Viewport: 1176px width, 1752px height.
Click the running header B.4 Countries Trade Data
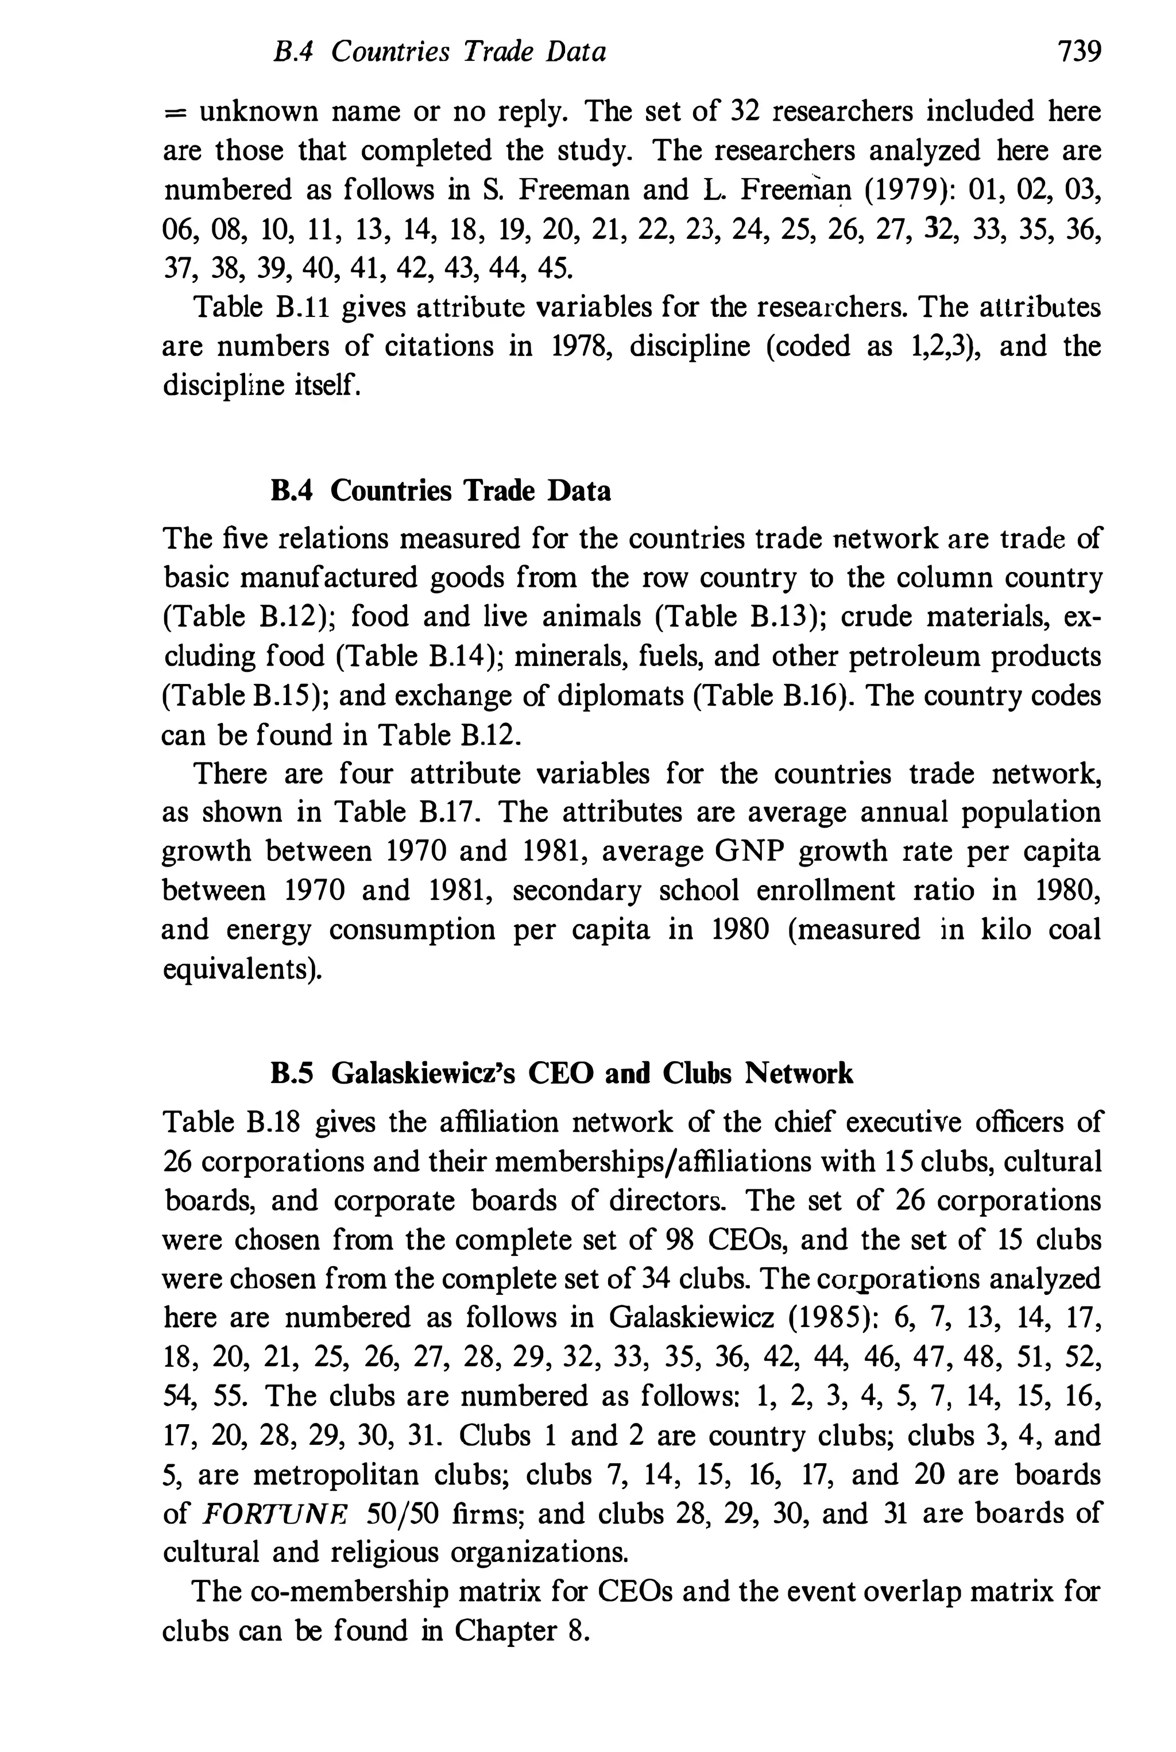(x=439, y=52)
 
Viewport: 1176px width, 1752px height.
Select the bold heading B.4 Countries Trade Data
(x=440, y=490)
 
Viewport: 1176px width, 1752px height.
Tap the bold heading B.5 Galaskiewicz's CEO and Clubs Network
(x=561, y=1074)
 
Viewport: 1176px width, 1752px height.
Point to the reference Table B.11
(x=261, y=307)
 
